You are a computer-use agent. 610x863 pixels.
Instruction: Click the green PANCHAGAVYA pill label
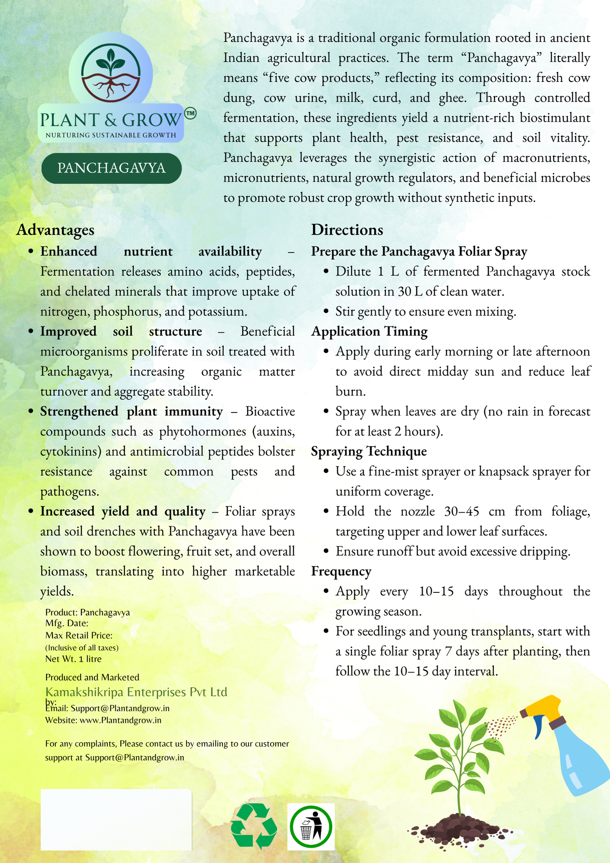tap(111, 168)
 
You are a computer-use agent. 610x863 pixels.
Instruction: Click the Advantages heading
tap(55, 230)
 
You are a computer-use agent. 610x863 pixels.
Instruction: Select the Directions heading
tap(347, 230)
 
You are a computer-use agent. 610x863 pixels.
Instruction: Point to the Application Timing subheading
tap(369, 331)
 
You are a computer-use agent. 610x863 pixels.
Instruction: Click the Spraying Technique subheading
tap(369, 451)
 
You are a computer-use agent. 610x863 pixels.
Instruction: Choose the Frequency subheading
tap(341, 571)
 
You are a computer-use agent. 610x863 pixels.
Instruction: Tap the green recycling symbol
tap(254, 826)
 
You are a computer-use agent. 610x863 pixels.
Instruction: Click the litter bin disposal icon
tap(311, 827)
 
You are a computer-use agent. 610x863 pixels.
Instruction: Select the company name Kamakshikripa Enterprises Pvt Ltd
tap(136, 692)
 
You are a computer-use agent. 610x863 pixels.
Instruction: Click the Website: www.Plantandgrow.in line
tap(103, 720)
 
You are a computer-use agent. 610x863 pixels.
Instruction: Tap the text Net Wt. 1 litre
tap(73, 659)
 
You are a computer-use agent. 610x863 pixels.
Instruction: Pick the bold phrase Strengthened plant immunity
tap(131, 411)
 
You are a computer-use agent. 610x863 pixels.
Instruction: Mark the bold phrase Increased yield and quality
tap(122, 511)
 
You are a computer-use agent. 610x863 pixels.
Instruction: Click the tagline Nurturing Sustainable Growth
tap(111, 135)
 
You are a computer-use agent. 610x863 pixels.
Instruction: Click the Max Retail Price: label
tap(79, 635)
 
